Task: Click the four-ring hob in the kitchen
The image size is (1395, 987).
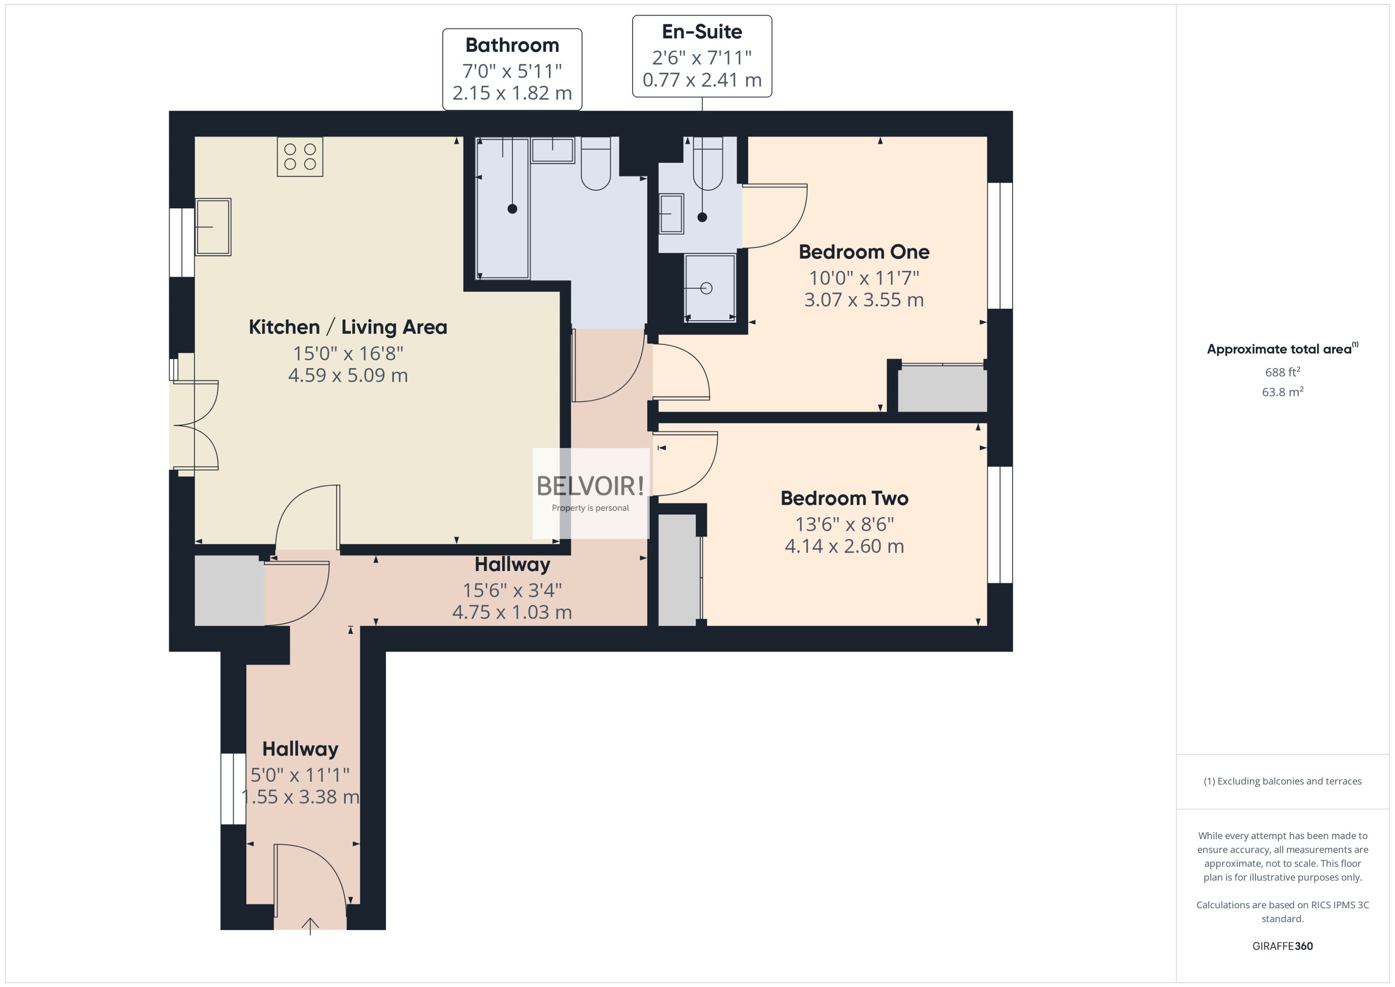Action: click(x=300, y=157)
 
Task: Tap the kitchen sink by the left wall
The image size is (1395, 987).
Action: click(x=213, y=227)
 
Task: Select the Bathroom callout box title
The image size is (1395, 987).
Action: click(x=512, y=45)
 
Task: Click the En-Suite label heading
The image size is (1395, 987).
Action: click(x=701, y=31)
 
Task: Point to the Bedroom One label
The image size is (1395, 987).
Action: click(x=863, y=251)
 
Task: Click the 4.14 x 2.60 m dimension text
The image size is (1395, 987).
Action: click(x=844, y=546)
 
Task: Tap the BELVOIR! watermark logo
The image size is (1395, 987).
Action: click(x=589, y=486)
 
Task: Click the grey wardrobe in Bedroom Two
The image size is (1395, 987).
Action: click(x=677, y=569)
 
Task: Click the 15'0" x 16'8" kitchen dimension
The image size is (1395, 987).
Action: click(x=348, y=353)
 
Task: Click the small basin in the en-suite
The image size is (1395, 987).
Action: click(x=671, y=213)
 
